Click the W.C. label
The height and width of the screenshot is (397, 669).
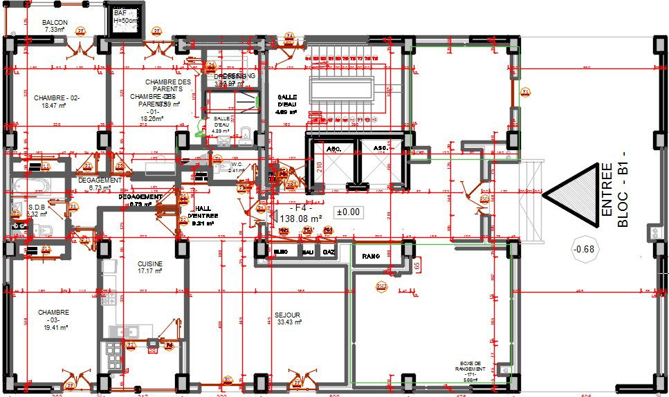[236, 167]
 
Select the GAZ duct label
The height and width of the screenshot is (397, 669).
[329, 252]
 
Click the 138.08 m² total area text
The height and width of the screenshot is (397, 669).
[302, 218]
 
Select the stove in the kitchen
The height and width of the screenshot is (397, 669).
[113, 356]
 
